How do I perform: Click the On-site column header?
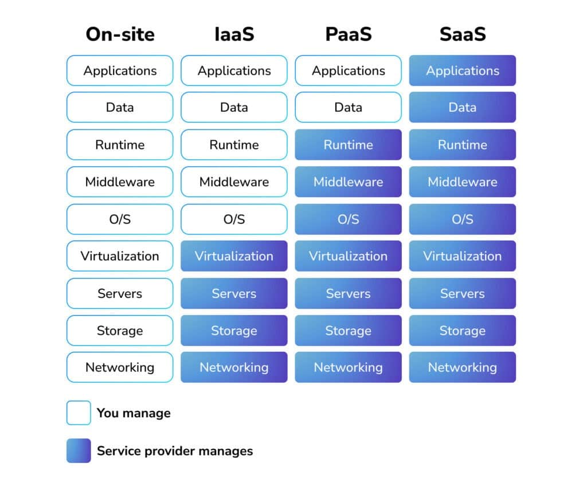point(120,34)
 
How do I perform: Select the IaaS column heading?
point(234,34)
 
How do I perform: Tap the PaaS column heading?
point(348,34)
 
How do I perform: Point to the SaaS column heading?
point(463,34)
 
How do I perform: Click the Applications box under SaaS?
point(463,70)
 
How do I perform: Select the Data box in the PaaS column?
point(348,107)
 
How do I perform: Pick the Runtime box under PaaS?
point(348,144)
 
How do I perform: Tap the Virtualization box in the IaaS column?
point(234,256)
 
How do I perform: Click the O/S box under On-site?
point(120,219)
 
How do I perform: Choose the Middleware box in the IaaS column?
point(234,182)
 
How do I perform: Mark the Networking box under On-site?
point(120,367)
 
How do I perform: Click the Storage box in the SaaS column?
point(463,331)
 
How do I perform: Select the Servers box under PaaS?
point(348,293)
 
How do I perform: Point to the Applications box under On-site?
point(120,70)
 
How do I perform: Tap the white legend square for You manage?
point(79,413)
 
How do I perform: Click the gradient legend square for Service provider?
point(79,450)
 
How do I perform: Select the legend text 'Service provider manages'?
point(175,451)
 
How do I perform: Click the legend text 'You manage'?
point(134,413)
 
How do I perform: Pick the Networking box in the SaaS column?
point(463,367)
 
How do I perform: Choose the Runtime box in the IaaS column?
point(234,144)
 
